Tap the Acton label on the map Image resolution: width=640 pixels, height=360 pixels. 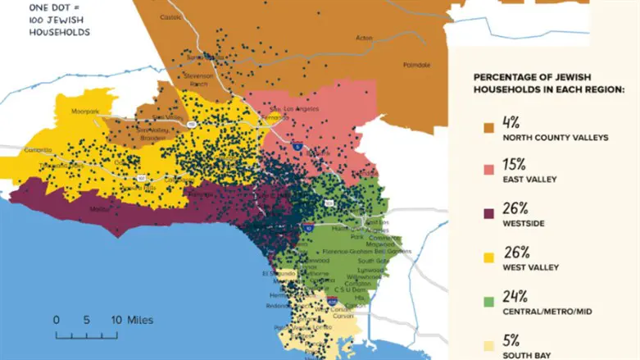tap(364, 37)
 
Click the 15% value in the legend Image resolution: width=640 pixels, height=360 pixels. tap(515, 164)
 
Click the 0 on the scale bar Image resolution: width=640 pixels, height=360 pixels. tap(56, 320)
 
